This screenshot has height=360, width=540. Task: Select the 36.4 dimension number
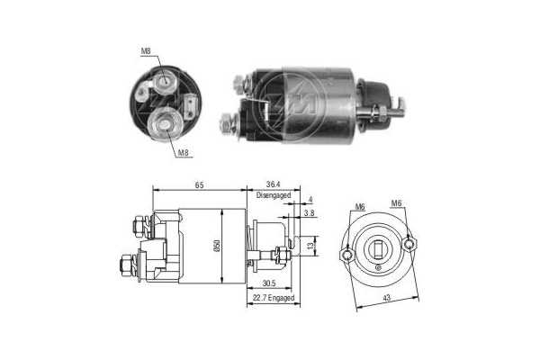pyautogui.click(x=274, y=184)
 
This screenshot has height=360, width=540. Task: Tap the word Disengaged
pyautogui.click(x=274, y=195)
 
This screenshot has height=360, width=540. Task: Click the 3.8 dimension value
pyautogui.click(x=310, y=214)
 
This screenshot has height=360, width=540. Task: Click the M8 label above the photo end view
pyautogui.click(x=145, y=50)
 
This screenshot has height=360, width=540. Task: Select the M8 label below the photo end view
pyautogui.click(x=182, y=153)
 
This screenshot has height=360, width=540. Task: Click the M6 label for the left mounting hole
pyautogui.click(x=358, y=205)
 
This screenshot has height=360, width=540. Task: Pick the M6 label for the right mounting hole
pyautogui.click(x=397, y=204)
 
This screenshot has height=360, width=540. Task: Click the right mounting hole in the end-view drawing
pyautogui.click(x=410, y=241)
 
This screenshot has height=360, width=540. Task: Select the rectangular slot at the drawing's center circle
pyautogui.click(x=380, y=248)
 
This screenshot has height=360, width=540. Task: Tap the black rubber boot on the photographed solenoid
pyautogui.click(x=370, y=96)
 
